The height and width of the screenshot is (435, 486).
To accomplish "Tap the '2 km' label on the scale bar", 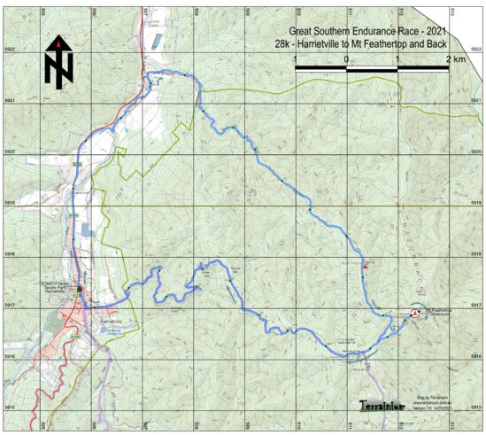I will tap(456, 58).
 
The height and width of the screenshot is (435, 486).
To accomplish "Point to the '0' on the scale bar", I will tap(346, 58).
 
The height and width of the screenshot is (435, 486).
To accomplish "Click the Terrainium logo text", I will tap(382, 405).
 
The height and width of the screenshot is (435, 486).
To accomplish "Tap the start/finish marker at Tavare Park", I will tap(79, 289).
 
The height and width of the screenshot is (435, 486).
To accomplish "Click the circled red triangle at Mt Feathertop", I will tap(415, 312).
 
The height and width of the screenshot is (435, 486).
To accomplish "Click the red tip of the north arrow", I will tap(58, 41).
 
